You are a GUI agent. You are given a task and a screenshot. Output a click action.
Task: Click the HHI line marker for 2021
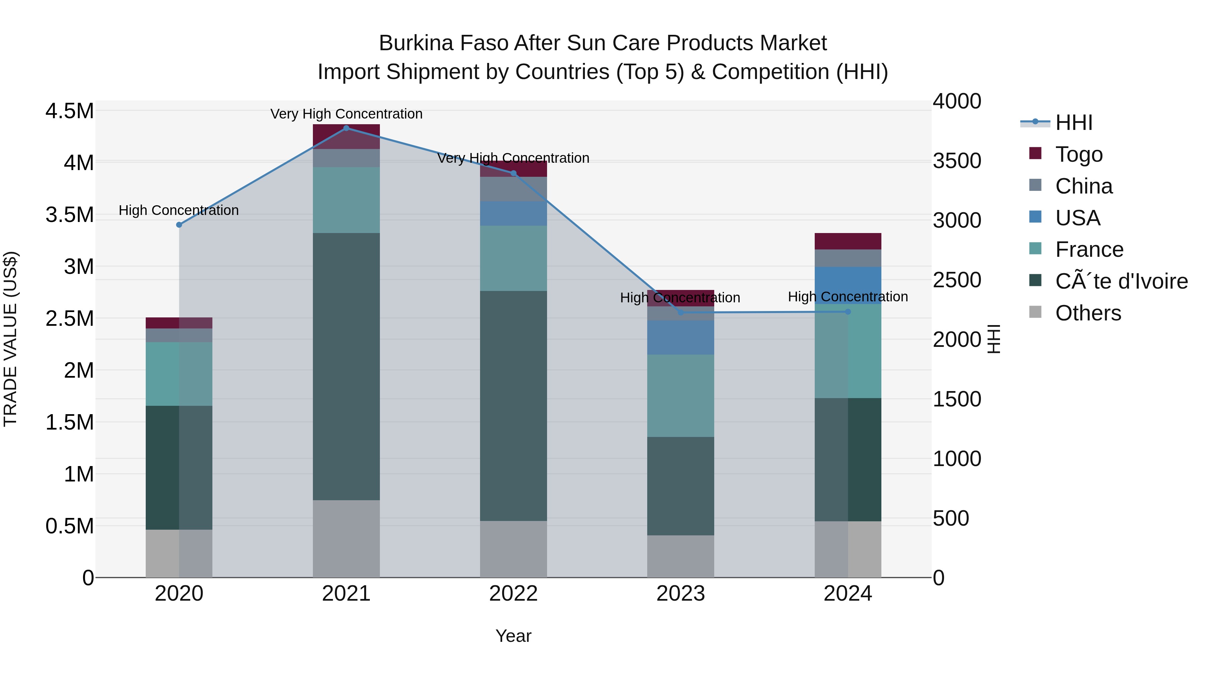coord(346,128)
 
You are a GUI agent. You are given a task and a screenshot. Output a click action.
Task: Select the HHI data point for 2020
coord(179,225)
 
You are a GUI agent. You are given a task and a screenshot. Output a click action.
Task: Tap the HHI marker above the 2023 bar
coord(681,313)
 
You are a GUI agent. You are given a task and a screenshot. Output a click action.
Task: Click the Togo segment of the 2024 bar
coord(848,241)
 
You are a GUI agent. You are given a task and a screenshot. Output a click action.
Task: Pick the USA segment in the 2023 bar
coord(680,337)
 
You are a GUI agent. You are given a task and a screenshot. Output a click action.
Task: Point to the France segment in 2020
coord(179,374)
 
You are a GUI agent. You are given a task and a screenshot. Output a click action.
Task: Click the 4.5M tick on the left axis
coord(69,111)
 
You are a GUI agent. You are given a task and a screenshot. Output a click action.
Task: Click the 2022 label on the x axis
coord(513,594)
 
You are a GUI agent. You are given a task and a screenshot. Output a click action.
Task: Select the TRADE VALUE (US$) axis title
coord(10,339)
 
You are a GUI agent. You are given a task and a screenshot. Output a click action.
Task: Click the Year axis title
coord(513,636)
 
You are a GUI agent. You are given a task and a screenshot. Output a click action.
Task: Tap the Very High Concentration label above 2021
coord(346,114)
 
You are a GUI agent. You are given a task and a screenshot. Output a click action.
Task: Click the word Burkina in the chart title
coord(416,43)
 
